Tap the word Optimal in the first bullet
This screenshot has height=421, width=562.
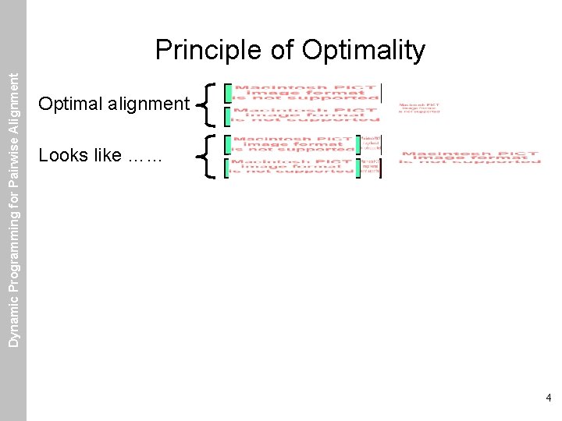69,104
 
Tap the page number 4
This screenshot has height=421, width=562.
549,398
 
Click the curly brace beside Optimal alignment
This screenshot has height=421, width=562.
208,104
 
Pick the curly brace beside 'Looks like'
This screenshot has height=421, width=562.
208,155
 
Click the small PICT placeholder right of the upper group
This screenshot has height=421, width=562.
419,108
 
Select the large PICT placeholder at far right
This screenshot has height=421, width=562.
469,157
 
